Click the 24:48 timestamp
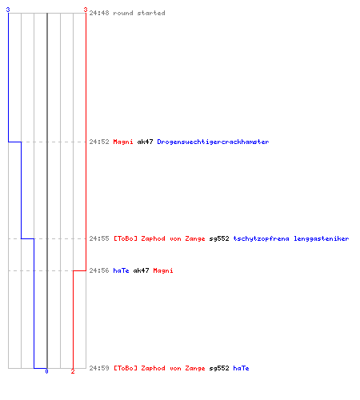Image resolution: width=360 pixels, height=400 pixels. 99,13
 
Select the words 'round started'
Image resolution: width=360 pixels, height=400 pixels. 139,13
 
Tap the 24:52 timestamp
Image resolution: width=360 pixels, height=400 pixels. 99,142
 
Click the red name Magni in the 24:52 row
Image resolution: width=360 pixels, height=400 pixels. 123,142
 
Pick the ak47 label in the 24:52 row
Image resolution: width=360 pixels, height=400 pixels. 145,142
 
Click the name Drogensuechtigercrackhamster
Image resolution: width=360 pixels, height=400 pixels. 213,142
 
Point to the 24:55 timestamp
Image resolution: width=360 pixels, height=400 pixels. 99,238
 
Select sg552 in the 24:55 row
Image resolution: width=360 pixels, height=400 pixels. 219,238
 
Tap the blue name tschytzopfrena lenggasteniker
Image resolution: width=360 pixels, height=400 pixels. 291,238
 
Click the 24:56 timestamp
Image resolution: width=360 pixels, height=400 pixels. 99,270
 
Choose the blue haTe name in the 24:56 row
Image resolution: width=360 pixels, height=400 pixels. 121,270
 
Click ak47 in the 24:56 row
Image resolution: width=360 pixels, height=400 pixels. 141,270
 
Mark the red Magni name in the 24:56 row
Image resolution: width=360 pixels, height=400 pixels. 163,270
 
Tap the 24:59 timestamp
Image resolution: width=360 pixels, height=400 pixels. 99,368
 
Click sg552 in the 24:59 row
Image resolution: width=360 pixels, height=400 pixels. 219,368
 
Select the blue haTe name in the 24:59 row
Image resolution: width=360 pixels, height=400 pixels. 241,368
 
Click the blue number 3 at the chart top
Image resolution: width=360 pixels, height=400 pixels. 8,10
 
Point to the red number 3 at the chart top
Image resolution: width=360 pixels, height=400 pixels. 86,10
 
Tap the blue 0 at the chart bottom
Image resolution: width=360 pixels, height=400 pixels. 46,371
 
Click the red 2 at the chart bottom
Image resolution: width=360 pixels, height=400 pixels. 73,371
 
